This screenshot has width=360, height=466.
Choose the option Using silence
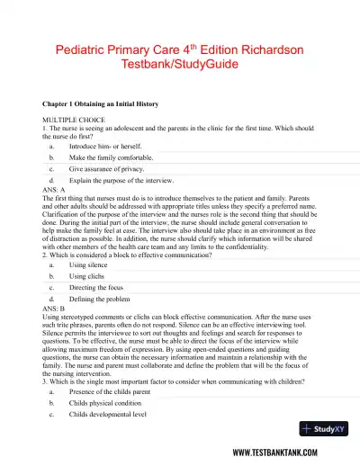click(x=91, y=265)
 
